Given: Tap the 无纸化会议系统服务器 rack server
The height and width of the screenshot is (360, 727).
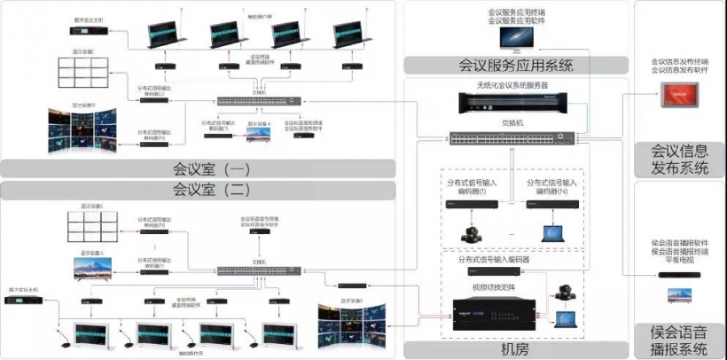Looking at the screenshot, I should [512, 104].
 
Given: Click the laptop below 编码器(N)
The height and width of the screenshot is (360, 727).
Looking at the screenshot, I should [554, 235].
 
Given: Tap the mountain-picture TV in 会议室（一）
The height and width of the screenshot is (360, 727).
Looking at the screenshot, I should [258, 133].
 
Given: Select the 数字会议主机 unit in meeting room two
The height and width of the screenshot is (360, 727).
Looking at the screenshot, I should [27, 301].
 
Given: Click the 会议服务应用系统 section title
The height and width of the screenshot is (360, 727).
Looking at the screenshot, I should [515, 65].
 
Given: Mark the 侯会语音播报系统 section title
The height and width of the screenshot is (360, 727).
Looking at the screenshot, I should [680, 340].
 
